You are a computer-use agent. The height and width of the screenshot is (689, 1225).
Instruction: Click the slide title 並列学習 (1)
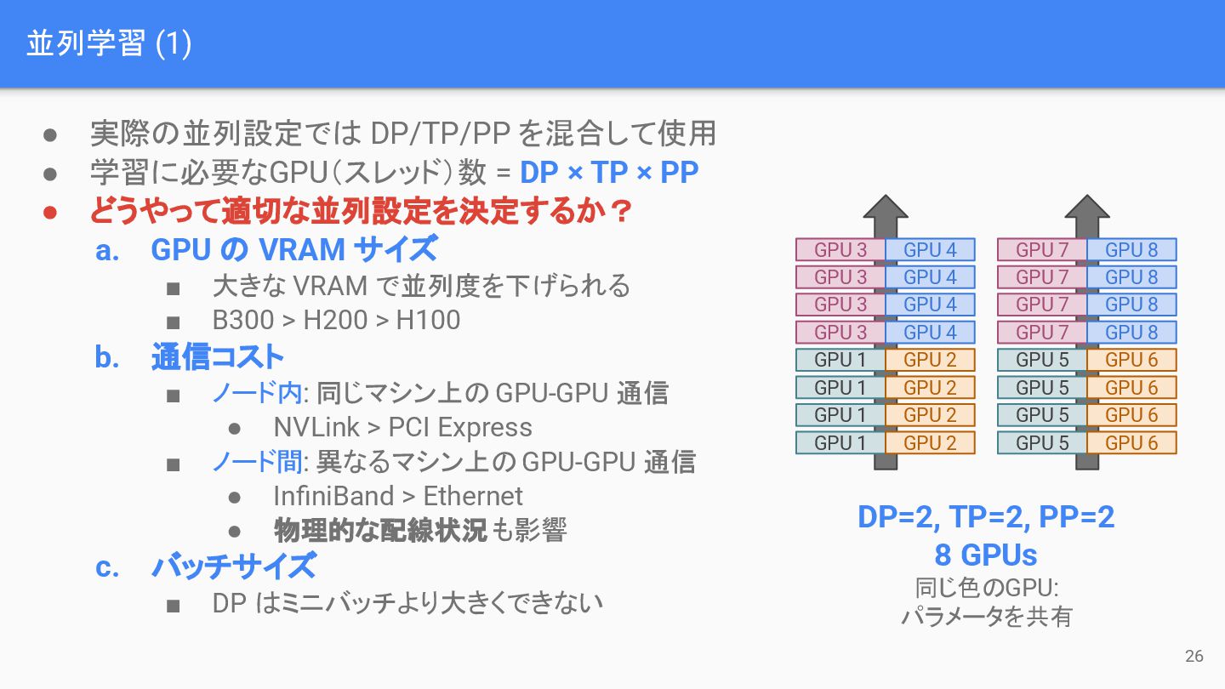click(108, 43)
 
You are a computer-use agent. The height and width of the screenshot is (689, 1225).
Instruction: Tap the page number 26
click(1194, 656)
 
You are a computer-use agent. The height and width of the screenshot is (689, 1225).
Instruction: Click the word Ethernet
click(473, 496)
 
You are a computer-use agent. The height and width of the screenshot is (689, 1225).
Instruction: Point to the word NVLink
click(316, 427)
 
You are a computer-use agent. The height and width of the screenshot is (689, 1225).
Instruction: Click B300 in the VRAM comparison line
click(243, 320)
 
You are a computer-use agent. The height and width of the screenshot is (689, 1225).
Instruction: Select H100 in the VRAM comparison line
click(429, 320)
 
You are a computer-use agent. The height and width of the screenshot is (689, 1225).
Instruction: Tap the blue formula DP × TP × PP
click(609, 173)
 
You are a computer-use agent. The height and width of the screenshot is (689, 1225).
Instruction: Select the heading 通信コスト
click(217, 357)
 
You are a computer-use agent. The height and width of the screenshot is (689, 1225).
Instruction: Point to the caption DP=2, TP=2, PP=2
click(986, 517)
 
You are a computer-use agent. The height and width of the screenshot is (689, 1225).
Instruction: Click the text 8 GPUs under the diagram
click(986, 555)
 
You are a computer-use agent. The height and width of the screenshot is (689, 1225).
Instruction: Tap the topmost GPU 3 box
click(840, 250)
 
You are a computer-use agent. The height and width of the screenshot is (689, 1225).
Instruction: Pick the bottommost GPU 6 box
click(1131, 443)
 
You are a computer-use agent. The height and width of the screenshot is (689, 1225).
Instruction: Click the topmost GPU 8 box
click(1131, 250)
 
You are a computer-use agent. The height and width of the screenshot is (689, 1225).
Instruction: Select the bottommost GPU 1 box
click(840, 443)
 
